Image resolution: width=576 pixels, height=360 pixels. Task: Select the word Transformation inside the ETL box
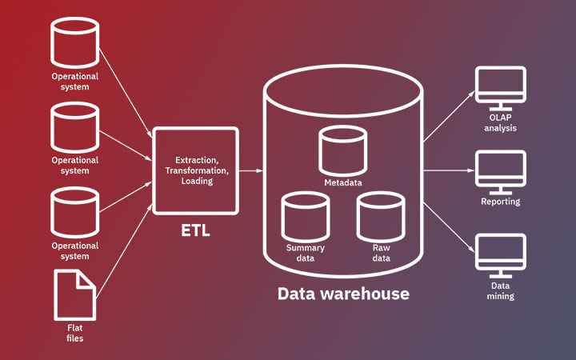point(196,171)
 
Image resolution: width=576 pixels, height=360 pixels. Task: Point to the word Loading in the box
point(196,182)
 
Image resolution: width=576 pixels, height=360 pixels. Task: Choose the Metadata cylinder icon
point(342,151)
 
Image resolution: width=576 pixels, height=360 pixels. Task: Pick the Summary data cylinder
point(306,217)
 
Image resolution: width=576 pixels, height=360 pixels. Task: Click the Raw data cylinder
point(381,217)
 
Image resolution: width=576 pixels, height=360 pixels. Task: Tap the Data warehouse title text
point(343,294)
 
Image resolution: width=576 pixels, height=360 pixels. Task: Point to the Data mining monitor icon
point(501,255)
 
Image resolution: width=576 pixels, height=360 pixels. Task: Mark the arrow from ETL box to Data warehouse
point(251,170)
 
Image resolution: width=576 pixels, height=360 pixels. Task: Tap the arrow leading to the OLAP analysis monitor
point(448,117)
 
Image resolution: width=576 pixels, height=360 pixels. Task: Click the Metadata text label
point(342,183)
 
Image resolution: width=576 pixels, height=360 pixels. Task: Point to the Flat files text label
point(74,333)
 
